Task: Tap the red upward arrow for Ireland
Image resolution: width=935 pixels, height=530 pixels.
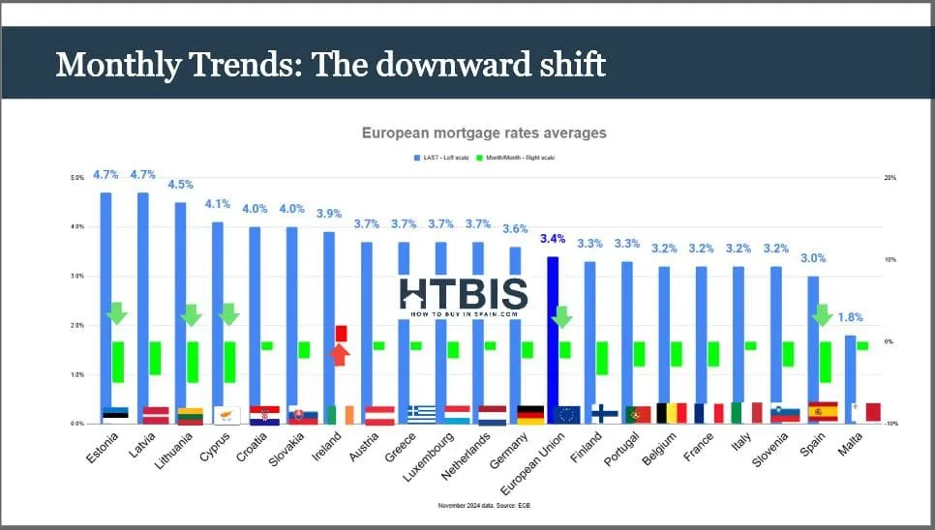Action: (338, 355)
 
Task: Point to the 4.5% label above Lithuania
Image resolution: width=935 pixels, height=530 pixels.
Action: (181, 184)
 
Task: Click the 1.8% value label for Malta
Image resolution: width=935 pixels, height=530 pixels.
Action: (850, 317)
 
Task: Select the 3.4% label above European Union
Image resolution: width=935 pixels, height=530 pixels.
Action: (553, 238)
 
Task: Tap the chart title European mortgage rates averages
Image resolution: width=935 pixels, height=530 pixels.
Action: (484, 132)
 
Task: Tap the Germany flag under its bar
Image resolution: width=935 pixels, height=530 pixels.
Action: (530, 415)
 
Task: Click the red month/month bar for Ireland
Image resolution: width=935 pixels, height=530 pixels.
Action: (341, 333)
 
